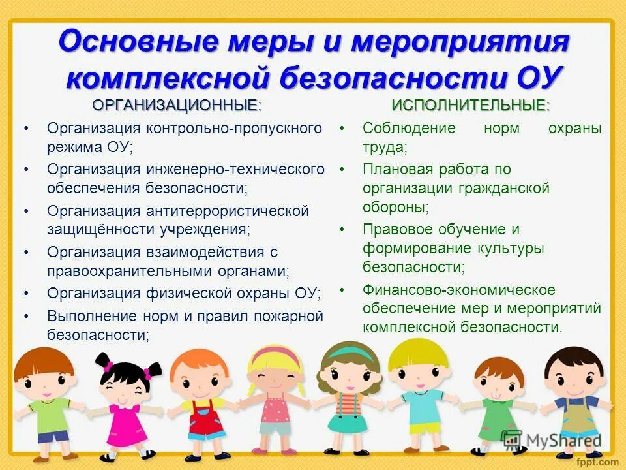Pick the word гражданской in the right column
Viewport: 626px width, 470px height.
click(509, 189)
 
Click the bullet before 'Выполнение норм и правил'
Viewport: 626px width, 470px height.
click(26, 316)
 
